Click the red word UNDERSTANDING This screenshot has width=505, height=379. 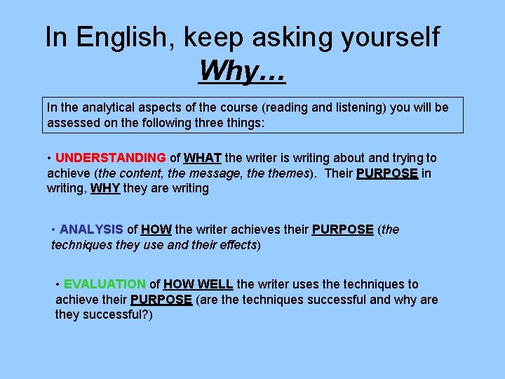click(111, 158)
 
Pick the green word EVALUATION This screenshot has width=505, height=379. click(105, 284)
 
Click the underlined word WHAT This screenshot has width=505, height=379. click(203, 158)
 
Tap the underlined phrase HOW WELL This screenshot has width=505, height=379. click(198, 284)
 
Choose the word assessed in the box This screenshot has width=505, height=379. click(74, 123)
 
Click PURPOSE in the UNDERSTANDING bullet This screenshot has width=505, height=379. click(387, 173)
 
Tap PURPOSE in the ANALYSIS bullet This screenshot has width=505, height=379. click(342, 230)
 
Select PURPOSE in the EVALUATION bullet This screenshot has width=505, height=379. click(161, 300)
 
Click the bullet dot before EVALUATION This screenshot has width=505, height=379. click(58, 284)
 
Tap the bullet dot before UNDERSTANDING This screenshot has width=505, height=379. click(50, 158)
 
